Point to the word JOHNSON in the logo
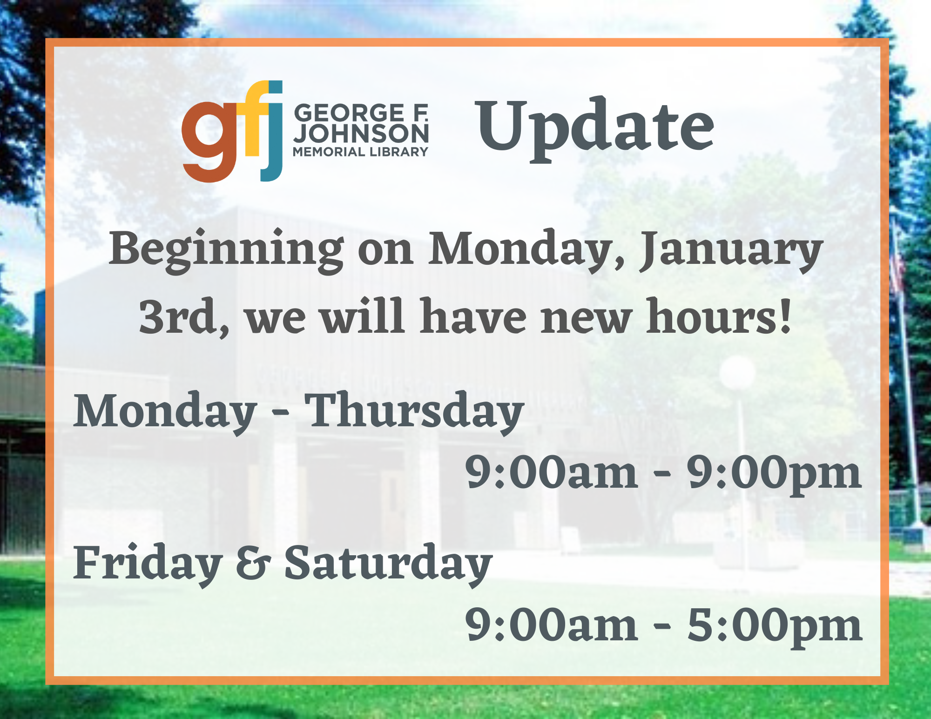(x=361, y=134)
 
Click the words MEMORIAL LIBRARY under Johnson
(x=360, y=152)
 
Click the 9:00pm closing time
(x=775, y=473)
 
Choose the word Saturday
(x=388, y=563)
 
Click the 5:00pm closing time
(x=775, y=626)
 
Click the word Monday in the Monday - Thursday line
(x=165, y=412)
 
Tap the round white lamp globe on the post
(x=737, y=373)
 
